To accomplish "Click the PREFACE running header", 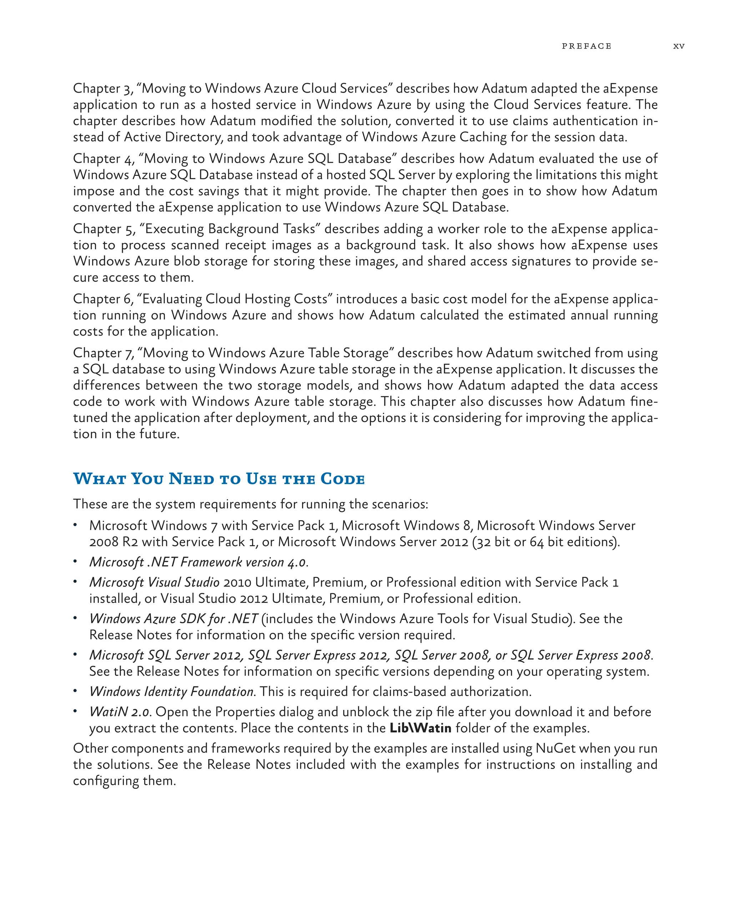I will pos(586,46).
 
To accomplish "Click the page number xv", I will pos(679,46).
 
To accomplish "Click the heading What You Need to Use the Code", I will pos(219,479).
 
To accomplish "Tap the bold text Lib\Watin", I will pos(420,728).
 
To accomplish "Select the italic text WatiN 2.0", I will pos(120,712).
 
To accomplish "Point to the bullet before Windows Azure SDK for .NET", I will pos(75,618).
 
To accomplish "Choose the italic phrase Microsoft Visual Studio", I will pos(154,583).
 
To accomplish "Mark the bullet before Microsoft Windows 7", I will pos(75,525).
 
